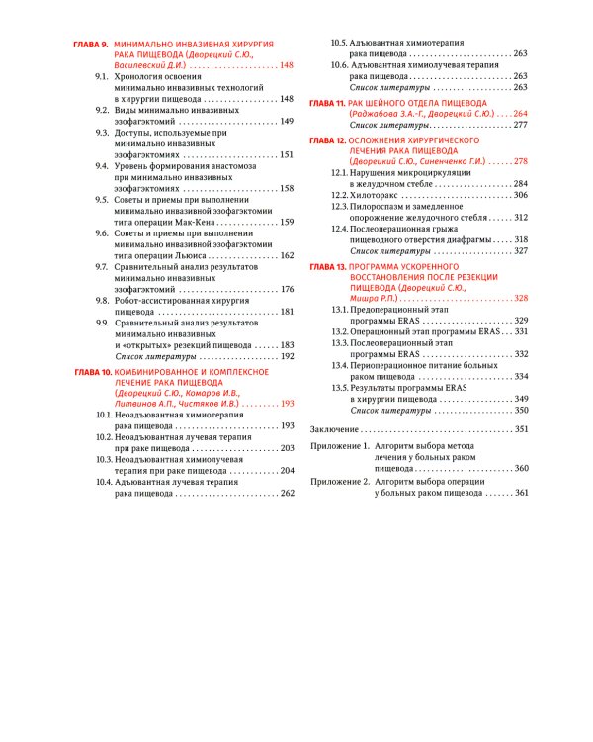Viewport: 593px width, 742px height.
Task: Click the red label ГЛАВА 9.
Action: [92, 46]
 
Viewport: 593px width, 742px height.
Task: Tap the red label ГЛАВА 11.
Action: [326, 103]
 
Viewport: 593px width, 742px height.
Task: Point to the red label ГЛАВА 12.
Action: [326, 141]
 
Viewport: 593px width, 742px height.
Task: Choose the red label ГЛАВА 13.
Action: [326, 268]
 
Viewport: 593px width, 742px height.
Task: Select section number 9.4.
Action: [102, 166]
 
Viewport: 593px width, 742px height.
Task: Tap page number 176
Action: [287, 289]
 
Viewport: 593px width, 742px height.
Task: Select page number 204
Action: [287, 471]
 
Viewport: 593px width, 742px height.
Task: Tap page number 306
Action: [520, 196]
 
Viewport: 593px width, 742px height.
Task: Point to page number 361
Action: [522, 492]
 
